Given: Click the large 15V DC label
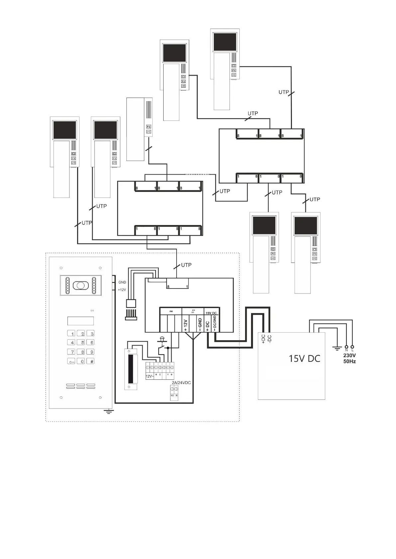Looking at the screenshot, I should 304,359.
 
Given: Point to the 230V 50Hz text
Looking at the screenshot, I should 349,358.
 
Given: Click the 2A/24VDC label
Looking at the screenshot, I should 181,383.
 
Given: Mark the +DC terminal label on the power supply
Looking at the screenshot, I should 263,339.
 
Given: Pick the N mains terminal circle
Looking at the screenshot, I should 346,346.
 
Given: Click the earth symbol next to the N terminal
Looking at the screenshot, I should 337,348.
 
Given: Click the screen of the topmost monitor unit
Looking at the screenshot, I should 225,42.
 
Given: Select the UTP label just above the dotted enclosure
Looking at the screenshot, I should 186,265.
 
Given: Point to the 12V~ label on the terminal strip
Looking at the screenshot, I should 150,376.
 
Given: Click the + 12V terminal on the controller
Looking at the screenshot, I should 186,325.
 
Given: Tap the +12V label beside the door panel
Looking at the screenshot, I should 122,290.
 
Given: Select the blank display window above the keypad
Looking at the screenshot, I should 80,321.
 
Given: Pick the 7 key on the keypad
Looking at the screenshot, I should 72,352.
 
